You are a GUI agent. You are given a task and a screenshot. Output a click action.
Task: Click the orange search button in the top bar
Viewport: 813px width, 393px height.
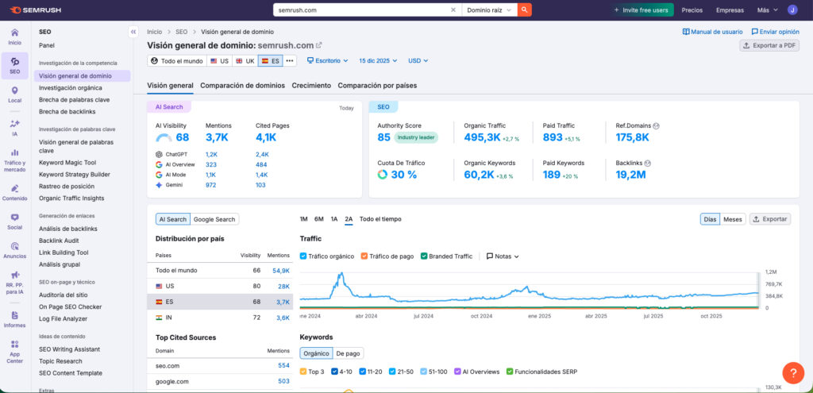pos(524,10)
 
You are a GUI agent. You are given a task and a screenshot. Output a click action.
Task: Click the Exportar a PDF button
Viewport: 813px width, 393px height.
pos(769,45)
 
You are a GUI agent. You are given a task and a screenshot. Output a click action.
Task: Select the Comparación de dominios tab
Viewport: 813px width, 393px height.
pos(242,85)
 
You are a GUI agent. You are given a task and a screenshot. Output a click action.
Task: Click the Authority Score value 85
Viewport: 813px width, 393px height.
pos(383,137)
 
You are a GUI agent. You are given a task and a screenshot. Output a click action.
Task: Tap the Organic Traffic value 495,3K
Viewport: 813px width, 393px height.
pos(482,137)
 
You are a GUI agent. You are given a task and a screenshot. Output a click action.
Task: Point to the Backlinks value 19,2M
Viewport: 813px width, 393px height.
pos(632,174)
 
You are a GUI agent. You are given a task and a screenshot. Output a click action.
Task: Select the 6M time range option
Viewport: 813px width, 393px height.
pos(318,219)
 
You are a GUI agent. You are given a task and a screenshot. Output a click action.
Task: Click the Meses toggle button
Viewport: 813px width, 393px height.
pos(732,219)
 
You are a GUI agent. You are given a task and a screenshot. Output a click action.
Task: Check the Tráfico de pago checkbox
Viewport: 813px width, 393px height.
pos(364,256)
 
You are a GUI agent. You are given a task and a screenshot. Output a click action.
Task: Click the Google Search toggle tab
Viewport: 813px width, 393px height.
pos(214,219)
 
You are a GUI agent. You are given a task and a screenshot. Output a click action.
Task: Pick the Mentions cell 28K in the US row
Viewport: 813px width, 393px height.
pos(283,286)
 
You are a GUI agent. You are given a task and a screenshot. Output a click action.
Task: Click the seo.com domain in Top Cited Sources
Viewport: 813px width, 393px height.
pos(167,365)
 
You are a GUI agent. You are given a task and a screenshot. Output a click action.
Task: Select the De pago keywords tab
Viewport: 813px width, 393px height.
pos(348,353)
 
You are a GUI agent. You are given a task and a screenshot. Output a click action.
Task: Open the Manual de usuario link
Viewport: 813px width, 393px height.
pos(712,32)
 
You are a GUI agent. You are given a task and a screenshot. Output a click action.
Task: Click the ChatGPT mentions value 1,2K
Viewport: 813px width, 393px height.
pos(211,154)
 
